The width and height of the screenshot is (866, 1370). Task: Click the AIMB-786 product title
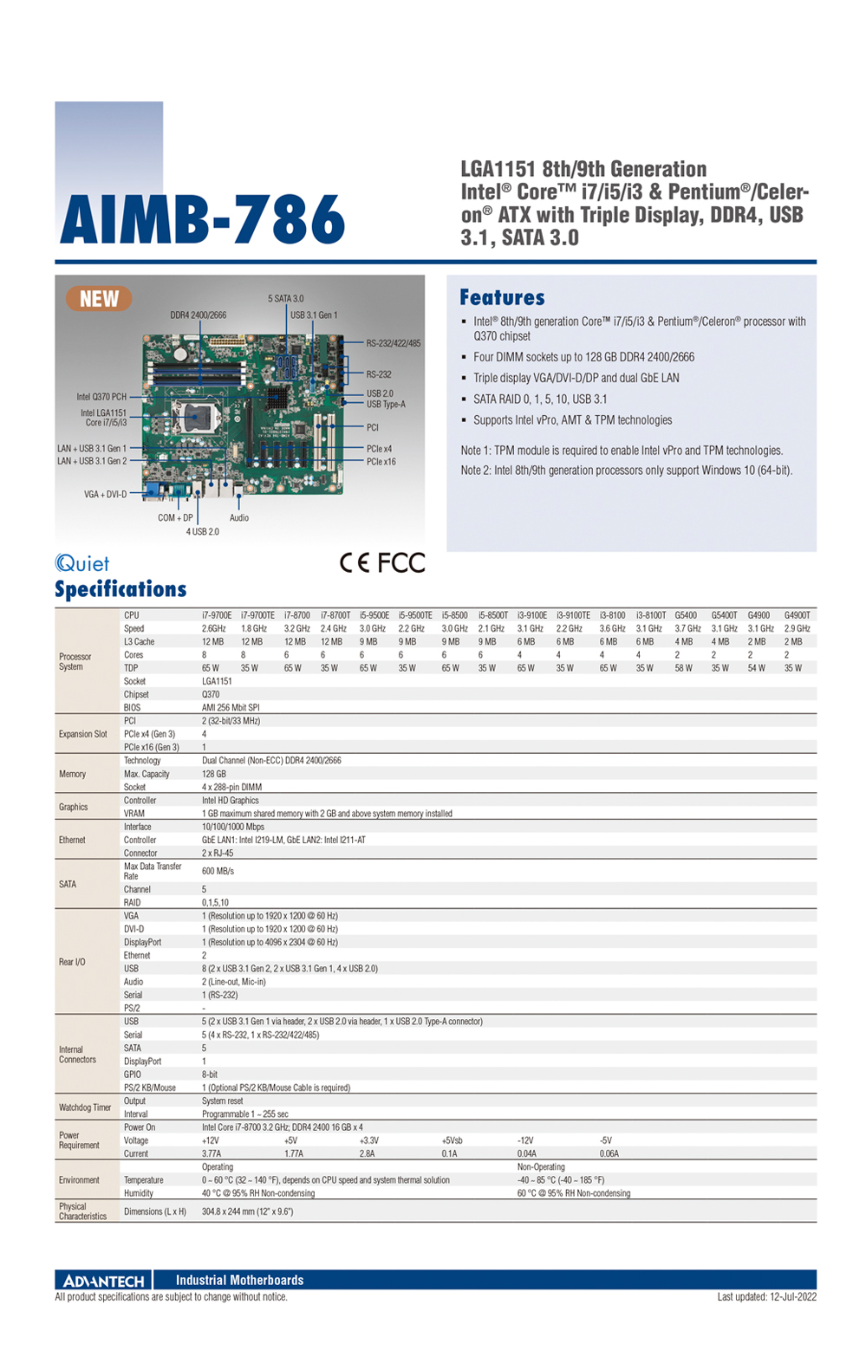(x=202, y=220)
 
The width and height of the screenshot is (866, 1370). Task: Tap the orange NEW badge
(x=99, y=299)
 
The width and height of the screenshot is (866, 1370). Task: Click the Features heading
(x=502, y=298)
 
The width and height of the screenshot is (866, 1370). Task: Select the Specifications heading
(x=120, y=589)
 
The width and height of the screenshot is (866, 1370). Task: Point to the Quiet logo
(x=82, y=563)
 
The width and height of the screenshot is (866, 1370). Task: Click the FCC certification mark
(x=401, y=563)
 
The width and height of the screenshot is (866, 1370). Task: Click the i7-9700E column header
(x=217, y=615)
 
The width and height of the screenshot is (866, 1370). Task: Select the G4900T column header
(x=797, y=615)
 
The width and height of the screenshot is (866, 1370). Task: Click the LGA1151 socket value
(x=217, y=681)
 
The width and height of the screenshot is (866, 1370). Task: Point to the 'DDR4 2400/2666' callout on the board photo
(x=198, y=315)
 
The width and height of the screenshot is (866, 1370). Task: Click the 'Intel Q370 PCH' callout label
(x=101, y=397)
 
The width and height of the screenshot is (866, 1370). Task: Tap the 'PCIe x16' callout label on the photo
(x=381, y=462)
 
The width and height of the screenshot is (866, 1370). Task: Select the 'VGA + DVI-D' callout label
(x=105, y=495)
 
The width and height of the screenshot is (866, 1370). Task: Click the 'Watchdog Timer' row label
(x=85, y=1107)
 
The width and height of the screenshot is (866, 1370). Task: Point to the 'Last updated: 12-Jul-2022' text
(x=766, y=1297)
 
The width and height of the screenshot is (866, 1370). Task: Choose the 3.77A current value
(x=212, y=1153)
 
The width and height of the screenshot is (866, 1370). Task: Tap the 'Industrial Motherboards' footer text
(x=239, y=1280)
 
